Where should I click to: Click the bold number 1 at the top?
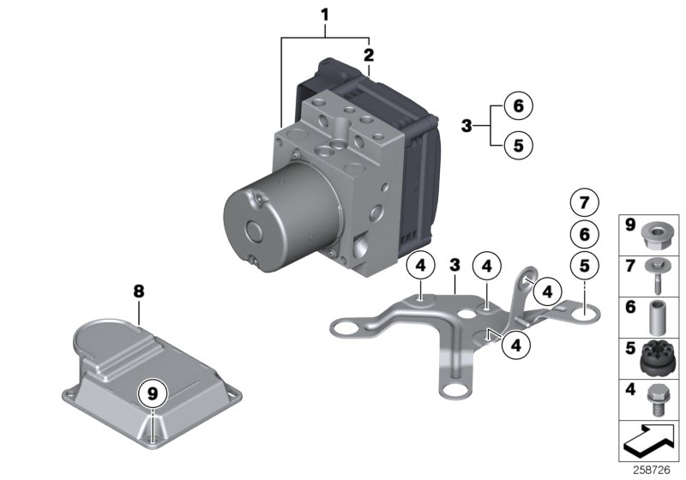tap(325, 14)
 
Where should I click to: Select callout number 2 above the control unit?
tap(369, 55)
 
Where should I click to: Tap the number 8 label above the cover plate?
tap(138, 291)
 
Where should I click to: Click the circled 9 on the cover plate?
tap(153, 394)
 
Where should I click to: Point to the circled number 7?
tap(584, 204)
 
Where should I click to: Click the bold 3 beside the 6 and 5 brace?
tap(466, 126)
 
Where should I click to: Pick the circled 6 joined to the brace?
tap(518, 106)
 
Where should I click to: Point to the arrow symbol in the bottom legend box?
tap(648, 442)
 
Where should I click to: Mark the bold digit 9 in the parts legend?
tap(629, 227)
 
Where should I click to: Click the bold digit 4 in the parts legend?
tap(629, 393)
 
